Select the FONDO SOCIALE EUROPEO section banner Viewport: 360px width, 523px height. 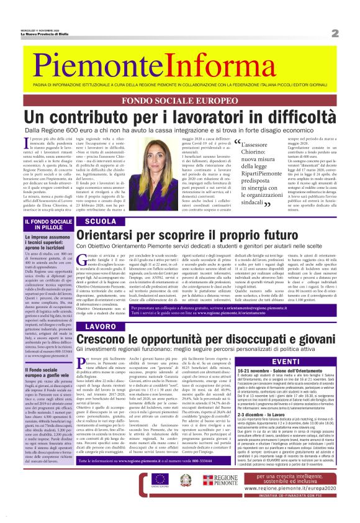180,101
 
